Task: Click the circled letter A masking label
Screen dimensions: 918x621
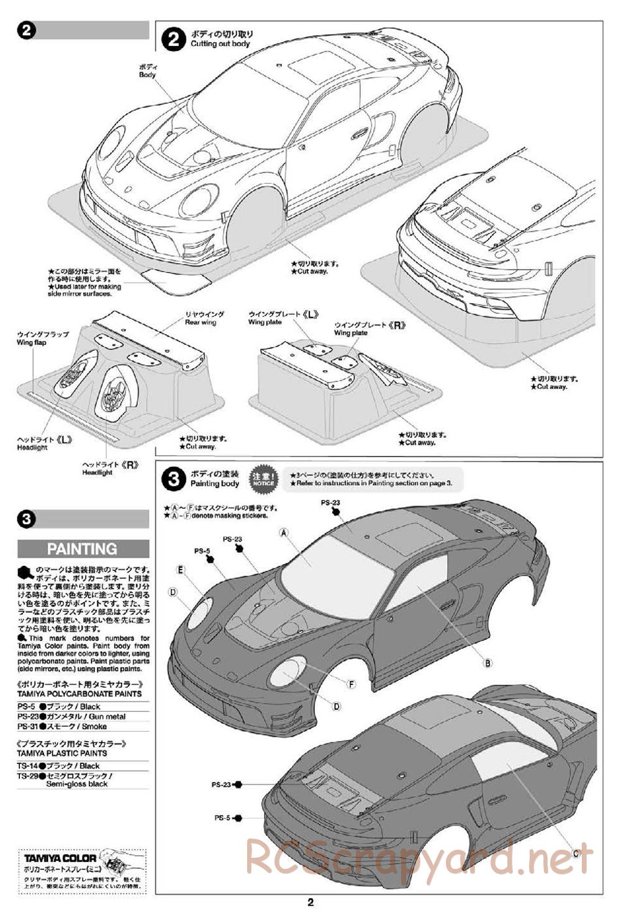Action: [x=284, y=532]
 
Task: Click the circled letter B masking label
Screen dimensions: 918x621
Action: [x=488, y=663]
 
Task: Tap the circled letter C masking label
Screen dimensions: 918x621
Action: [x=576, y=852]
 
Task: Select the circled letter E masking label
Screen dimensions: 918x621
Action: [x=180, y=570]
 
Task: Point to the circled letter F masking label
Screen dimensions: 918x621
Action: [x=351, y=684]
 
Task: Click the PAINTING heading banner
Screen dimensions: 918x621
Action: [x=83, y=548]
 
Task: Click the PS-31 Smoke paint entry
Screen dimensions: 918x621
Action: [x=62, y=726]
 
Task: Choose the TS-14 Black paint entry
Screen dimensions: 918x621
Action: [x=59, y=766]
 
